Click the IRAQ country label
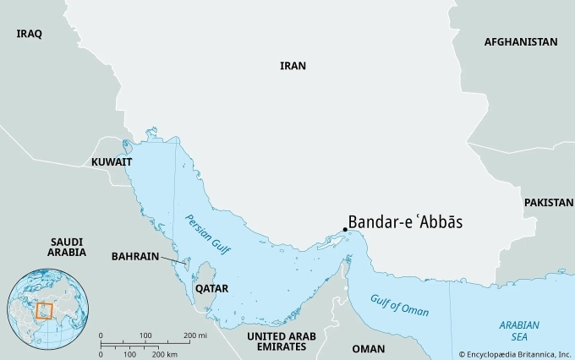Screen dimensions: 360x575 [x=29, y=34]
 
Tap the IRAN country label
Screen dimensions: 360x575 [x=293, y=65]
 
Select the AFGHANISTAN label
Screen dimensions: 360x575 [x=521, y=41]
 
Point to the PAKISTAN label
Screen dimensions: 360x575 [x=549, y=203]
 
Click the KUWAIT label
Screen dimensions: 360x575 [x=112, y=161]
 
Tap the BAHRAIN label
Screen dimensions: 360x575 [x=134, y=255]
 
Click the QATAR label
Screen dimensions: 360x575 [x=211, y=287]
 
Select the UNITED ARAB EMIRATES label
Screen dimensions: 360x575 [x=281, y=341]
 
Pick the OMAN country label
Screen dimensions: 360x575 [x=368, y=348]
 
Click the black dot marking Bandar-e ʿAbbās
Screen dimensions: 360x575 [x=346, y=228]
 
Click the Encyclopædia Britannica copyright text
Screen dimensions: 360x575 [x=514, y=352]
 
